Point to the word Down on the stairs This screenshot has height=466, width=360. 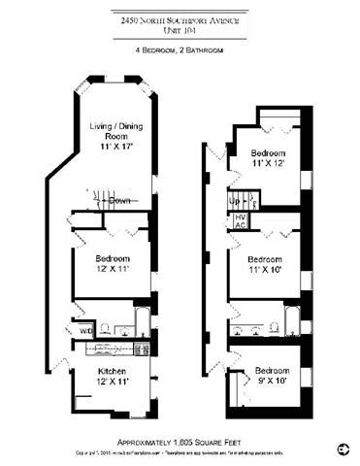119,201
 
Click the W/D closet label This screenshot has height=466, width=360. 85,331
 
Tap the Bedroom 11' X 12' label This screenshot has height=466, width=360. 268,159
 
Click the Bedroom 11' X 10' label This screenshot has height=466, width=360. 265,265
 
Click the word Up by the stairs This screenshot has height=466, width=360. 234,201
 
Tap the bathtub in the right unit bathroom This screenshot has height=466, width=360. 288,321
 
